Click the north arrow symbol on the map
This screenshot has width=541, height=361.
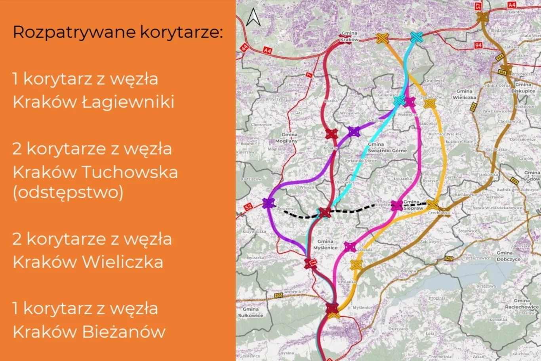253,17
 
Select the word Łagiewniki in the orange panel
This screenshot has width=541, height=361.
128,102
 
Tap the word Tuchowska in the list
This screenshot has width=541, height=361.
130,172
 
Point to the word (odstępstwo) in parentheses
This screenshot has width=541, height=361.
68,192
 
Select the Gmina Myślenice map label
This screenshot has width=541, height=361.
325,244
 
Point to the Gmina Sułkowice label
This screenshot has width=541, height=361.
250,312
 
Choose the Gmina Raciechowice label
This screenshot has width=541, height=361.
522,304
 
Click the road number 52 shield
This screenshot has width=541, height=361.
248,207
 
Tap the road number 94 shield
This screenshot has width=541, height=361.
478,46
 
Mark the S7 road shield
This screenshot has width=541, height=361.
478,6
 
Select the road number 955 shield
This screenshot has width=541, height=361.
278,296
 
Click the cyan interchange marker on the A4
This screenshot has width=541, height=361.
417,37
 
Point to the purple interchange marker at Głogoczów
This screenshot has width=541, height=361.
269,203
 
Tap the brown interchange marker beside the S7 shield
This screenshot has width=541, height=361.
482,17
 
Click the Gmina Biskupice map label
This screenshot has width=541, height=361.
523,88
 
